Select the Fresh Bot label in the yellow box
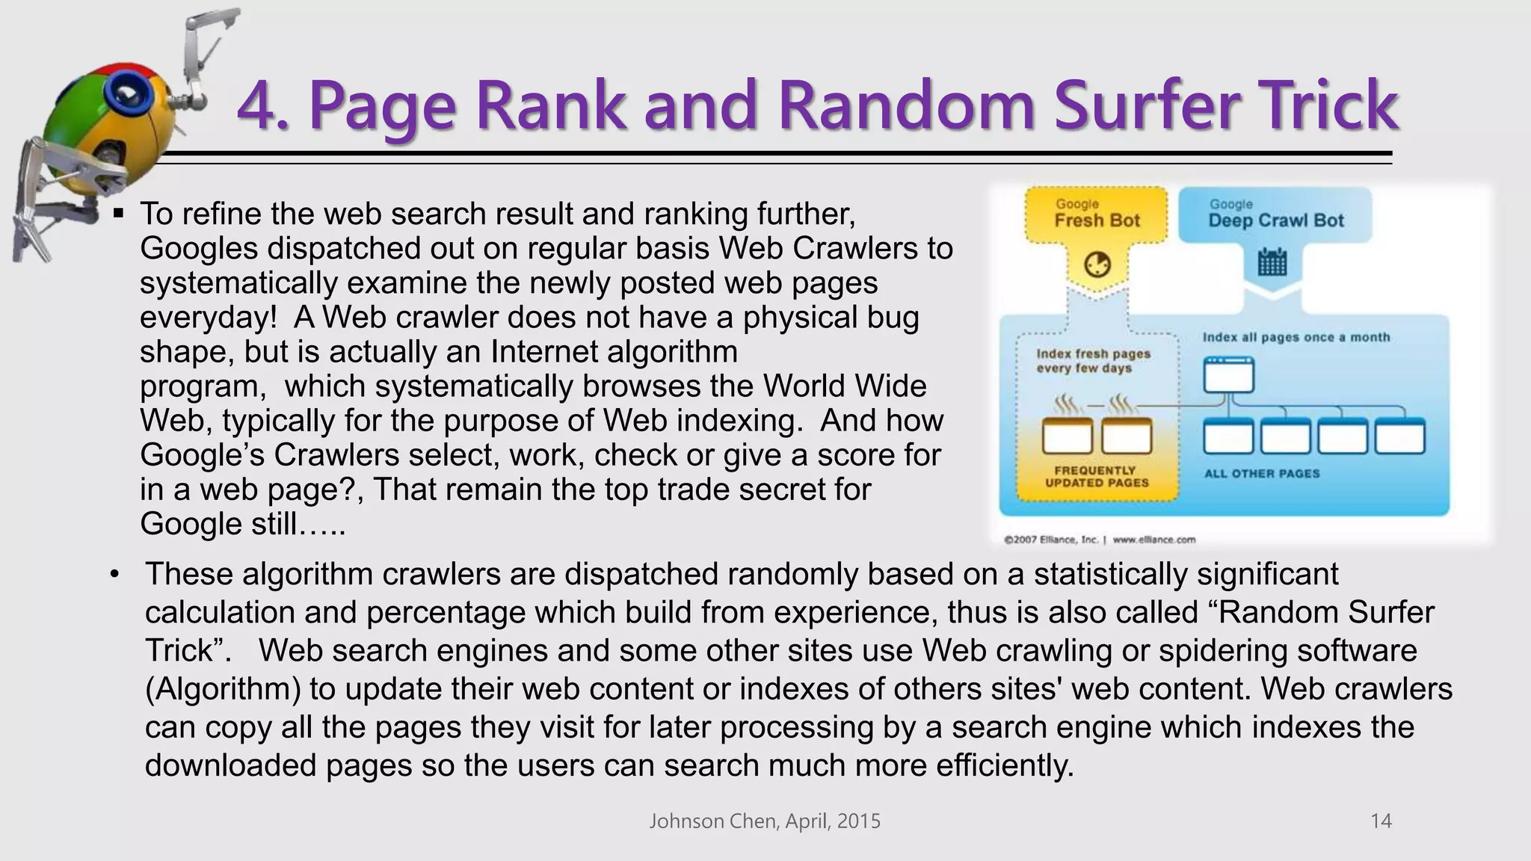tap(1097, 220)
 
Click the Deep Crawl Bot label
tap(1276, 220)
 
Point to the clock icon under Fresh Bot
tap(1097, 265)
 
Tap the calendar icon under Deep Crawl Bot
tap(1272, 262)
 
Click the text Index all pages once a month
tap(1296, 337)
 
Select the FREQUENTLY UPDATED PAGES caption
tap(1096, 476)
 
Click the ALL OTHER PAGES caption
tap(1262, 473)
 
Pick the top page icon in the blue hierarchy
tap(1228, 374)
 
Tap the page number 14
tap(1380, 821)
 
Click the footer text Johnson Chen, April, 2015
tap(765, 821)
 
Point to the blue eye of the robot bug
tap(123, 94)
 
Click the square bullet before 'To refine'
tap(118, 214)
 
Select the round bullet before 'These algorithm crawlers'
tap(114, 575)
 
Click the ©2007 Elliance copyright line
tap(1100, 539)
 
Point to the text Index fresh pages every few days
tap(1093, 360)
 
